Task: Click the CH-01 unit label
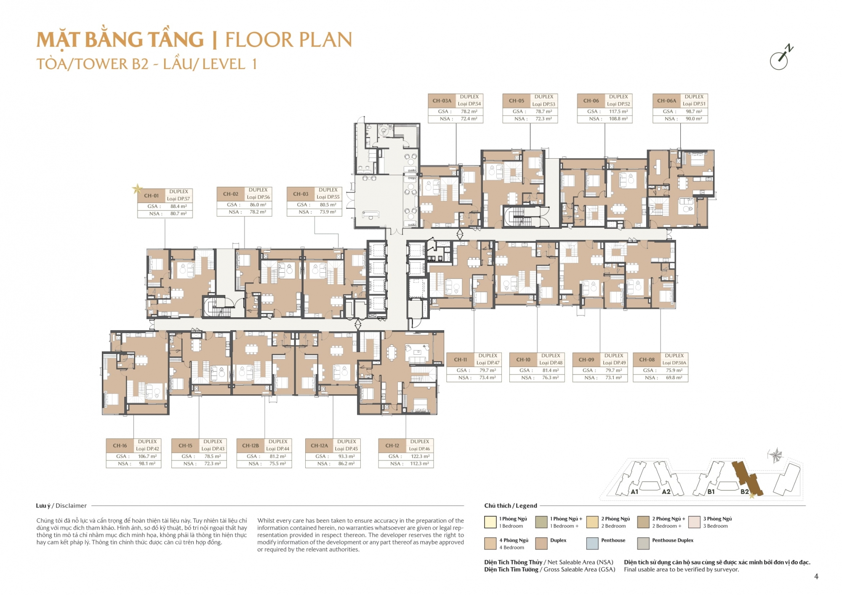[x=151, y=196]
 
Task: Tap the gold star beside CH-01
[x=137, y=189]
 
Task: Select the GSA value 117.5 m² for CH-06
[x=618, y=112]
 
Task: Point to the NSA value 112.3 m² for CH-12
[x=420, y=464]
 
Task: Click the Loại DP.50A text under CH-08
[x=674, y=363]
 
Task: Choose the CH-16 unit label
[x=120, y=446]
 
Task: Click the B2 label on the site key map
[x=744, y=491]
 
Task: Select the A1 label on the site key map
[x=634, y=491]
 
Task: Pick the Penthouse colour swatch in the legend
[x=592, y=543]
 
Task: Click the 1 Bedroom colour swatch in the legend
[x=490, y=522]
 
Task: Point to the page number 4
[x=816, y=576]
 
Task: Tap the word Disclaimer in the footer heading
[x=71, y=506]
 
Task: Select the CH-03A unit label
[x=442, y=101]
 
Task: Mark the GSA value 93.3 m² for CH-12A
[x=346, y=457]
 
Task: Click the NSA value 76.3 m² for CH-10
[x=550, y=378]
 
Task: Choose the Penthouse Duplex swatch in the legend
[x=643, y=543]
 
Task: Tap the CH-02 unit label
[x=231, y=194]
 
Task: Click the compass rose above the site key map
[x=775, y=455]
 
